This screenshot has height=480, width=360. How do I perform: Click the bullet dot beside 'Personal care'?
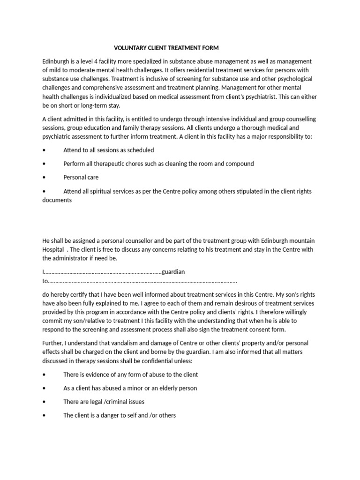pyautogui.click(x=44, y=178)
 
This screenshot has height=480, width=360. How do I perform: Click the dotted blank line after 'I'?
pyautogui.click(x=103, y=272)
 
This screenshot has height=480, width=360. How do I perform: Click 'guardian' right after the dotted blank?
pyautogui.click(x=173, y=272)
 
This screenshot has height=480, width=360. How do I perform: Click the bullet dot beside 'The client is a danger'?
pyautogui.click(x=44, y=415)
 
